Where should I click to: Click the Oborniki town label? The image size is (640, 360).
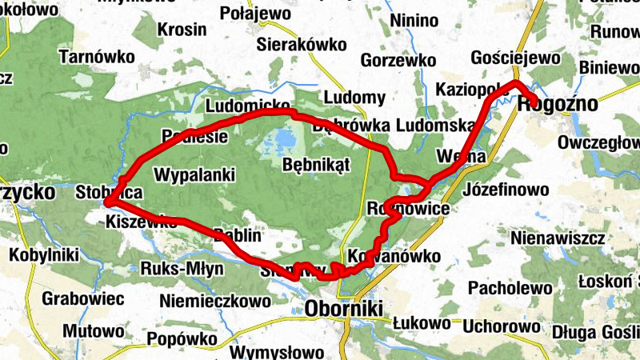344,308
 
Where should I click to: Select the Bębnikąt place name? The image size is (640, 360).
317,164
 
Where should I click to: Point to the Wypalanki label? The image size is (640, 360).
194,174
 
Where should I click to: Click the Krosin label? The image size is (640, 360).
182,30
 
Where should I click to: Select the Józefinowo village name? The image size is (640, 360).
506,190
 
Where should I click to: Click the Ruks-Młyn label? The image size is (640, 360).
182,268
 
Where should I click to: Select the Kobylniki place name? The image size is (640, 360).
44,256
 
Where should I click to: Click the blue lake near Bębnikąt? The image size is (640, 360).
281,142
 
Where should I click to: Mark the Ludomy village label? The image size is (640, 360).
354,98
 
